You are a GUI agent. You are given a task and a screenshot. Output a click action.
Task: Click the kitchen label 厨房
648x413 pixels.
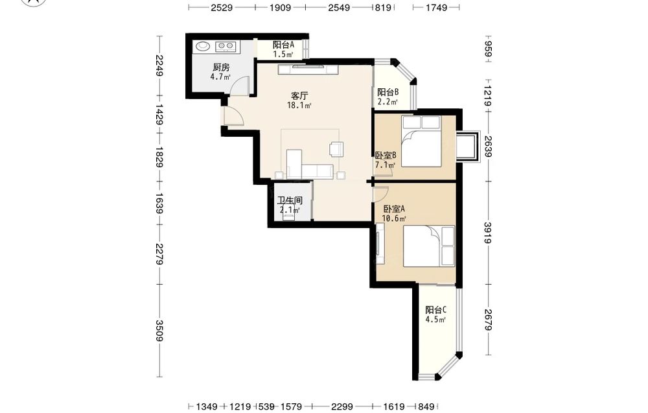(221, 67)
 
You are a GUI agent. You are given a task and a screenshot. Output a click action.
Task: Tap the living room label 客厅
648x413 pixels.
(299, 96)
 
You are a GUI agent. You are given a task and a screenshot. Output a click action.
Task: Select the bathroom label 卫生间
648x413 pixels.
(289, 200)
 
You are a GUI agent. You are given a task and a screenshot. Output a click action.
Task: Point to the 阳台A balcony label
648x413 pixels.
(284, 45)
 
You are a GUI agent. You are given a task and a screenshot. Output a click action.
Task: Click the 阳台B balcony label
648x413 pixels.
(388, 92)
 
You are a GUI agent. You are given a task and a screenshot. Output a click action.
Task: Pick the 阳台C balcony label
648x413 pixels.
(436, 310)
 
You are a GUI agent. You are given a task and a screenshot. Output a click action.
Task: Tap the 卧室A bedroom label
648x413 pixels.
(394, 209)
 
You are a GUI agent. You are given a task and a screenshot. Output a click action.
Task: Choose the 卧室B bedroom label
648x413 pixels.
(386, 156)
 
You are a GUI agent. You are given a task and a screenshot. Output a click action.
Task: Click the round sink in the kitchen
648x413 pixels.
(202, 46)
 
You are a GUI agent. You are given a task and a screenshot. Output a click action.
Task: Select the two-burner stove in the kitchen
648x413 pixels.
(226, 46)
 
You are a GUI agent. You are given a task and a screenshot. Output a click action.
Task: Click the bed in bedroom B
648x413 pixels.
(421, 141)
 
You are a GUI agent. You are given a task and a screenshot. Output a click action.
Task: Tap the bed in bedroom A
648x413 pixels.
(429, 246)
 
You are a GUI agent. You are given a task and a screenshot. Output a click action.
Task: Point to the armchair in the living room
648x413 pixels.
(336, 149)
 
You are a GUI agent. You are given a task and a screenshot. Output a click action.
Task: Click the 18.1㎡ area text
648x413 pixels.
(299, 106)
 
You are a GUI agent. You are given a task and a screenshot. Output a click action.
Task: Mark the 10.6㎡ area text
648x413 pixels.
(394, 218)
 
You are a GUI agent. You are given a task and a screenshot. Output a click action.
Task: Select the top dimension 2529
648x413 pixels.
(222, 7)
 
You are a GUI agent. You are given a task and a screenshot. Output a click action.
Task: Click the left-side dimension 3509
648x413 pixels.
(159, 330)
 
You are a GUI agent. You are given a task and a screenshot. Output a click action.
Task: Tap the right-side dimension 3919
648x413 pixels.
(488, 233)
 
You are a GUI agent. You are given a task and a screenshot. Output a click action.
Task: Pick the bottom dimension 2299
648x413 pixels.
(341, 407)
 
